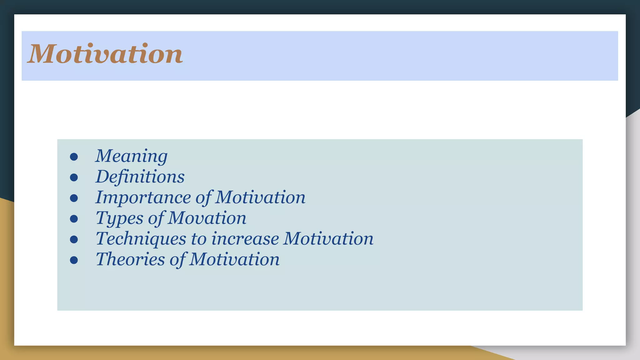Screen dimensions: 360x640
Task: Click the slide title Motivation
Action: pyautogui.click(x=105, y=54)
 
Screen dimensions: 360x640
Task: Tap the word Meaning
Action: pyautogui.click(x=131, y=156)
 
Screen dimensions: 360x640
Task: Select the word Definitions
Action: pyautogui.click(x=140, y=177)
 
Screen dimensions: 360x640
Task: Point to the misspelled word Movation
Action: pyautogui.click(x=207, y=218)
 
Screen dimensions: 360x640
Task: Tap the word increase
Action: pyautogui.click(x=245, y=239)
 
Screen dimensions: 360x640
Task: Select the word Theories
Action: pyautogui.click(x=130, y=259)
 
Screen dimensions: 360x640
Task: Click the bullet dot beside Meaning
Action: pyautogui.click(x=74, y=157)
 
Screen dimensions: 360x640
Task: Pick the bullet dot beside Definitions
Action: pyautogui.click(x=74, y=177)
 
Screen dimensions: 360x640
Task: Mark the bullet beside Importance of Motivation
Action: pyautogui.click(x=74, y=198)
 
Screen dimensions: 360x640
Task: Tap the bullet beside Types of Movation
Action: pyautogui.click(x=74, y=219)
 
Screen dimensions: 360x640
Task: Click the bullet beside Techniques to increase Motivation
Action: pyautogui.click(x=74, y=239)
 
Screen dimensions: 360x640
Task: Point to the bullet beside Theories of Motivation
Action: pyautogui.click(x=74, y=260)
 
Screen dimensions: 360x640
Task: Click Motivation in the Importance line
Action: pyautogui.click(x=260, y=197)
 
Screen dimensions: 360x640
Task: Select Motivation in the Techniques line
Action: pyautogui.click(x=328, y=239)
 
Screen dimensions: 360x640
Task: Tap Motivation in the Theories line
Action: pyautogui.click(x=234, y=259)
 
